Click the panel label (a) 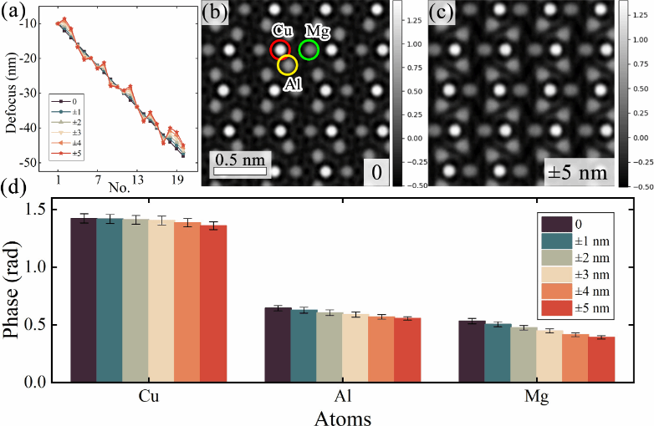[x=12, y=11]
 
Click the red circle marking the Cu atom [x=280, y=49]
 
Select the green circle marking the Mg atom [x=309, y=50]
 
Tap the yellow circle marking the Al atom [x=287, y=64]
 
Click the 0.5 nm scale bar [x=239, y=171]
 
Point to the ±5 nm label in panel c [x=577, y=174]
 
